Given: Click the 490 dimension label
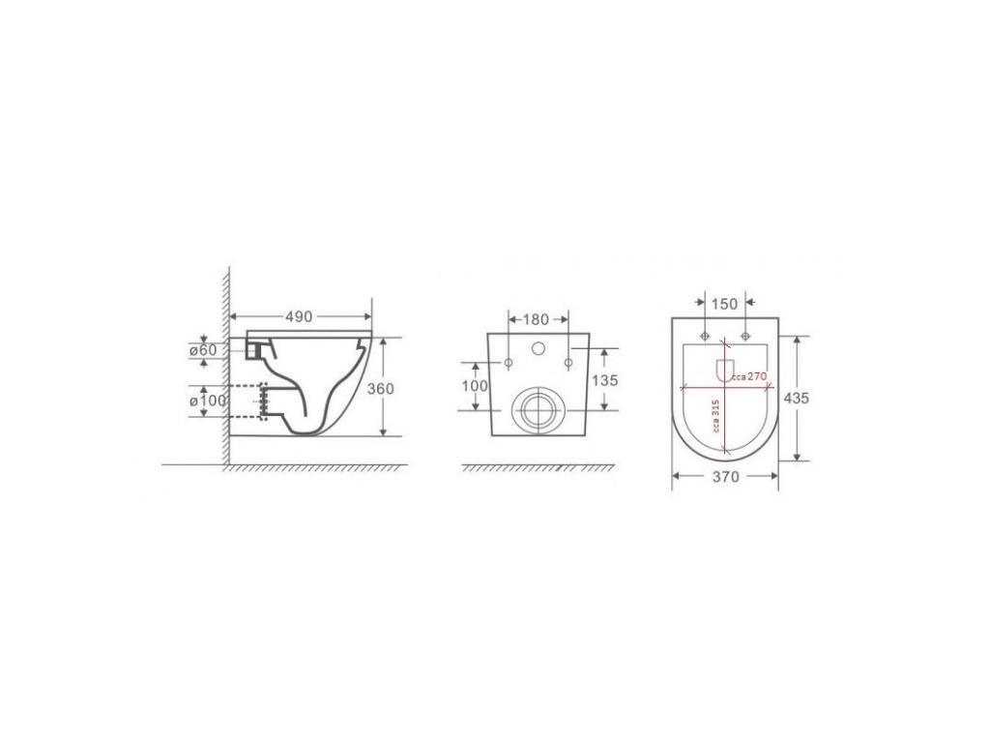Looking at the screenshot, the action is tap(300, 316).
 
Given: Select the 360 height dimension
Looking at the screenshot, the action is tap(381, 389).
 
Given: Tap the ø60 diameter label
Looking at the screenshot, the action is tap(203, 350).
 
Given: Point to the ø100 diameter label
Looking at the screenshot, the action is tap(208, 401).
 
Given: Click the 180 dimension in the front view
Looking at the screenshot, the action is tap(536, 319).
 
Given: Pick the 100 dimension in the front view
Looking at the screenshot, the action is tap(475, 385).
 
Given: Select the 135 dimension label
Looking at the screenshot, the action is tap(605, 380).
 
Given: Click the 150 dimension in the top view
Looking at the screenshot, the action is tap(724, 304).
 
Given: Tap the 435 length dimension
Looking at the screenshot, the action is tap(796, 398).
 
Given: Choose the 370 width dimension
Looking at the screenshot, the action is tap(725, 477).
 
